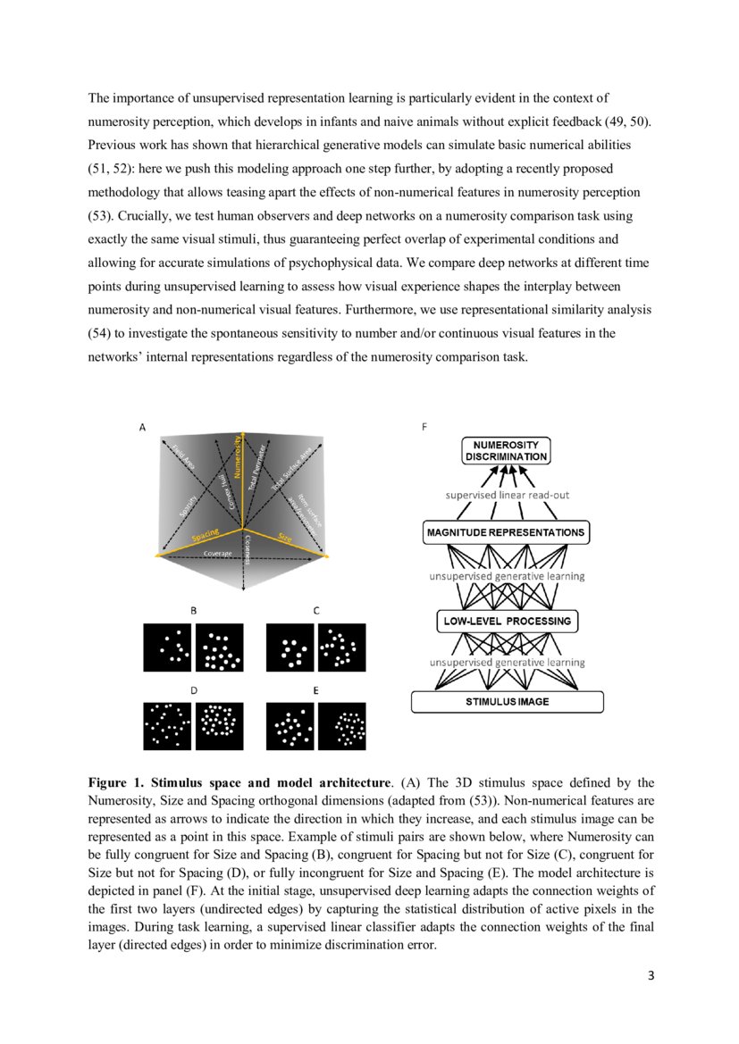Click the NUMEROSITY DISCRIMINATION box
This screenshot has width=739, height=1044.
(x=506, y=450)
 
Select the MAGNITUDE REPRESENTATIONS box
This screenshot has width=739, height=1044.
(x=506, y=533)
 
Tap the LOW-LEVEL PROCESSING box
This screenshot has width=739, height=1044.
(x=507, y=621)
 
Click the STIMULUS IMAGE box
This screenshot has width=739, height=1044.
(x=507, y=702)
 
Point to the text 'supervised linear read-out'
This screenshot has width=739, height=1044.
(x=507, y=494)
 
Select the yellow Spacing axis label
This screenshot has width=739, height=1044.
(x=205, y=538)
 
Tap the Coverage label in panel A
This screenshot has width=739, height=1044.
(x=217, y=554)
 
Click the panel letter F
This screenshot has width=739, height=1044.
(x=424, y=428)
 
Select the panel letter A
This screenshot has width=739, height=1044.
(x=141, y=428)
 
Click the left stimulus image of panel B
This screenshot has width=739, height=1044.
(x=167, y=647)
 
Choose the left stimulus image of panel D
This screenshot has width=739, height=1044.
(x=167, y=726)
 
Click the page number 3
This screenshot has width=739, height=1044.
(x=651, y=975)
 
